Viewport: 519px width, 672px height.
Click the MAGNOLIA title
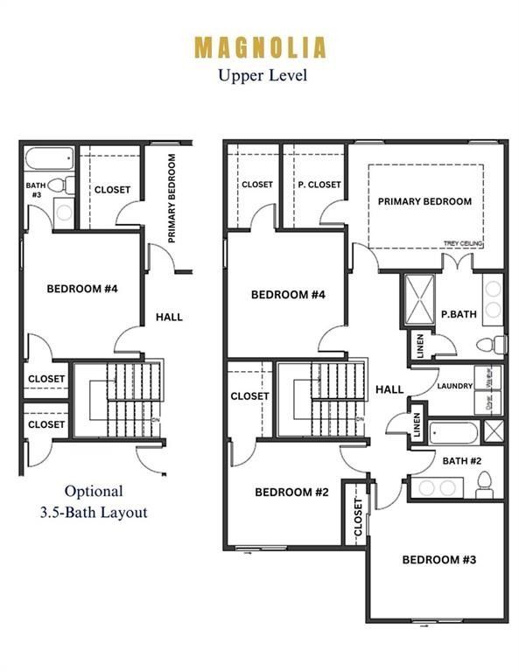pyautogui.click(x=260, y=46)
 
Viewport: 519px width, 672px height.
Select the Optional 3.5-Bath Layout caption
pyautogui.click(x=94, y=502)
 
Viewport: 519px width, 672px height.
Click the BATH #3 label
pyautogui.click(x=35, y=190)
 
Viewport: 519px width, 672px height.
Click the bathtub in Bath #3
pyautogui.click(x=49, y=161)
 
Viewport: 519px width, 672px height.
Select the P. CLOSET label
pyautogui.click(x=319, y=185)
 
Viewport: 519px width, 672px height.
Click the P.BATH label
pyautogui.click(x=457, y=314)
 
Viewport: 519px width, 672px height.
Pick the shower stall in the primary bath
pyautogui.click(x=418, y=299)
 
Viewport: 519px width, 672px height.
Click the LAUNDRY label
pyautogui.click(x=455, y=386)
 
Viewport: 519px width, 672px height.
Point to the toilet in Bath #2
pyautogui.click(x=484, y=483)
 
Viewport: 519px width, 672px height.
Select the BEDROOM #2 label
pyautogui.click(x=291, y=493)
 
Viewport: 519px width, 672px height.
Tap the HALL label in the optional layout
pyautogui.click(x=169, y=317)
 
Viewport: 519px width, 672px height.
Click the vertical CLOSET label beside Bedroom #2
pyautogui.click(x=356, y=517)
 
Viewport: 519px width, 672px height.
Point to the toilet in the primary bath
pyautogui.click(x=496, y=342)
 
